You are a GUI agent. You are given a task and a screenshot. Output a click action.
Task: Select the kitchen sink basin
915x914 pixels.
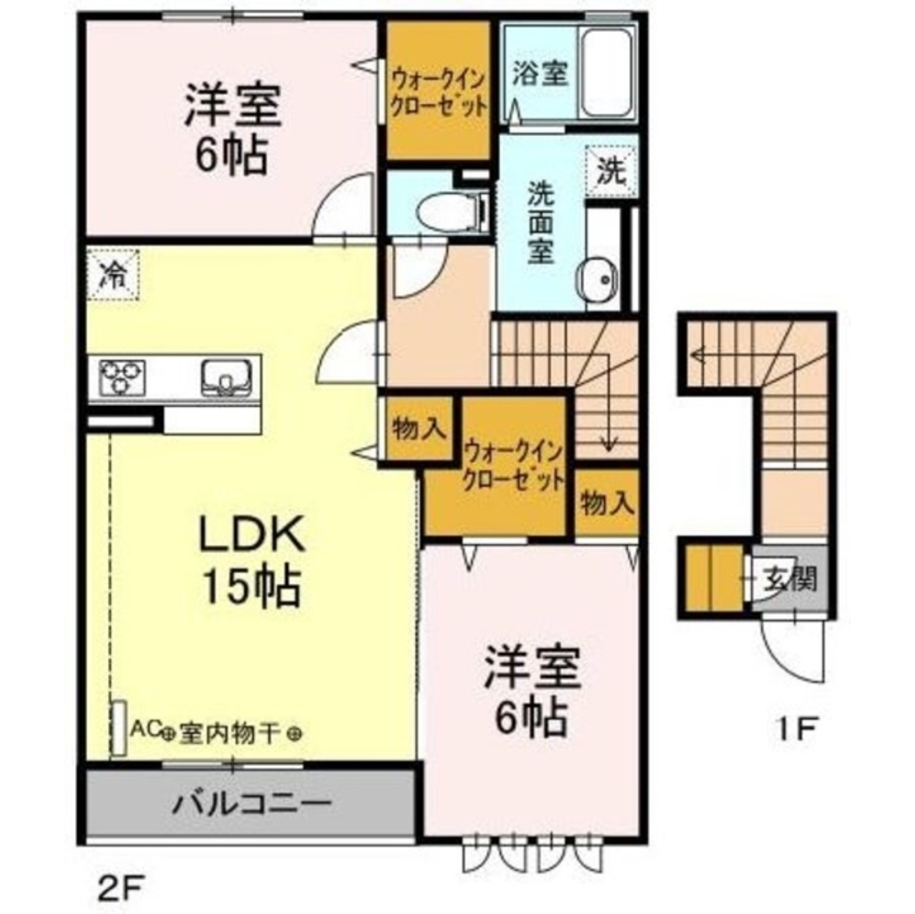222,375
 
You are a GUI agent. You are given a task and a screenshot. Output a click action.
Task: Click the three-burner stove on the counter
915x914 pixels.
123,376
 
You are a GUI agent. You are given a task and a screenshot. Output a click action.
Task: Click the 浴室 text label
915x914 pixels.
540,73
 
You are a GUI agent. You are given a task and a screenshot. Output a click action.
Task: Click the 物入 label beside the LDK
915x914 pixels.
420,427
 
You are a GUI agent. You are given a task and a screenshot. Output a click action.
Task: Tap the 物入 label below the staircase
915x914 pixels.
606,504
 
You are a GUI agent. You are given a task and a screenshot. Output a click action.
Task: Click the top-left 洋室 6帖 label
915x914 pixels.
231,128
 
